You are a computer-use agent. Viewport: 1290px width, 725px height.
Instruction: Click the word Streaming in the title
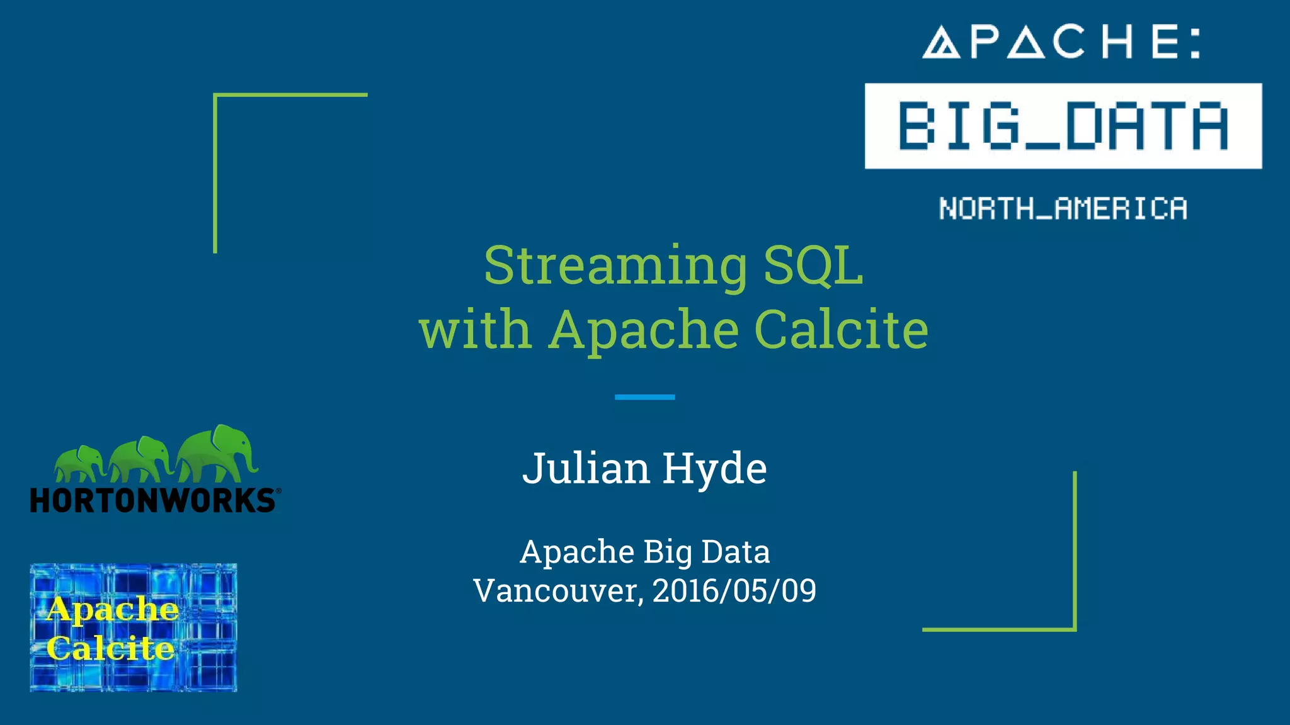[615, 266]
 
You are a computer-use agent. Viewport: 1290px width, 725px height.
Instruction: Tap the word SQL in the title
[813, 266]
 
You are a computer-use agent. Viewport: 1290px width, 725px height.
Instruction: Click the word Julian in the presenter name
[586, 469]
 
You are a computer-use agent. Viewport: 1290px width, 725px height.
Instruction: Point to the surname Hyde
[714, 469]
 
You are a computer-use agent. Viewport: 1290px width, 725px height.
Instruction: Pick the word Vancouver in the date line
[558, 591]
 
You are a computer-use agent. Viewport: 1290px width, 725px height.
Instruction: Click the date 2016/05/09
[734, 591]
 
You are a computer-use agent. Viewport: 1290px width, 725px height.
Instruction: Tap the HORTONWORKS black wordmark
[152, 501]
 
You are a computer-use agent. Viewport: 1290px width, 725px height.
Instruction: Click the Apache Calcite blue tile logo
[134, 627]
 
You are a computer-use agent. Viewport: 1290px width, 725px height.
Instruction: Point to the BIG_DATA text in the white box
[1063, 126]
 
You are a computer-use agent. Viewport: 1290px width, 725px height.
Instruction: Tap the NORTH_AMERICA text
[1063, 208]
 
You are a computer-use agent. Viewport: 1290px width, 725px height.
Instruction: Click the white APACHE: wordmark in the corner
[1062, 42]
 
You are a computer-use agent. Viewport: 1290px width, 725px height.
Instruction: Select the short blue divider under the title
[644, 397]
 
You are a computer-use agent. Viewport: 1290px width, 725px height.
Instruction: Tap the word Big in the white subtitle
[668, 552]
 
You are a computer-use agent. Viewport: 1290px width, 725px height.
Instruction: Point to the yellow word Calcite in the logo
[110, 648]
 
